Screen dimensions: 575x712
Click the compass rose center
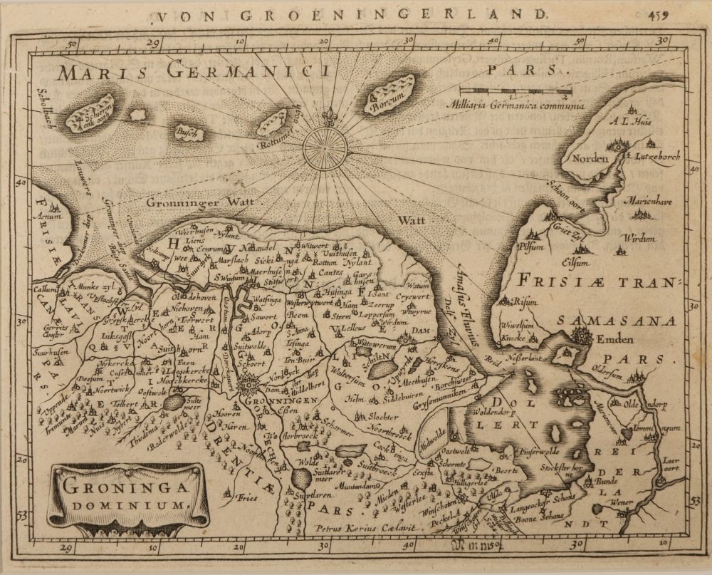[325, 147]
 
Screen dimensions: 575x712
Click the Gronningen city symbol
[248, 387]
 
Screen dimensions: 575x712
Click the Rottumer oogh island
[272, 122]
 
